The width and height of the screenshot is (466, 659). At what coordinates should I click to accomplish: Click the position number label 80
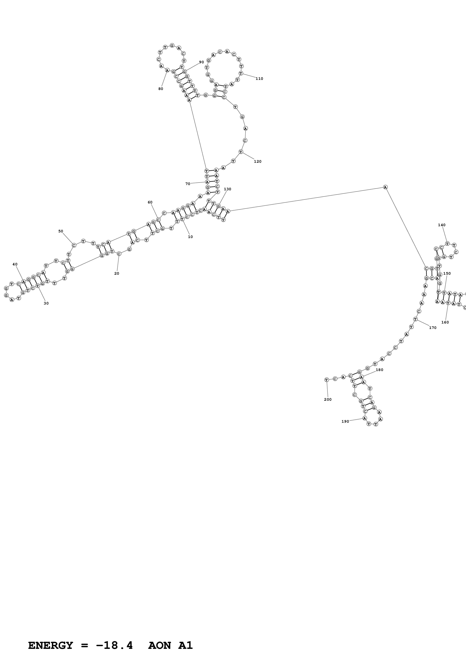(161, 89)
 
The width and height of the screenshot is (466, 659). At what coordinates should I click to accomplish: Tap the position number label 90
(202, 62)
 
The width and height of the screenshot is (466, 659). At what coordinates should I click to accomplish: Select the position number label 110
(259, 79)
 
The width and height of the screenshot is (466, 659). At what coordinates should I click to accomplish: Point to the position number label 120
(258, 162)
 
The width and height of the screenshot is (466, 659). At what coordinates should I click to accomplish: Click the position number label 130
(227, 189)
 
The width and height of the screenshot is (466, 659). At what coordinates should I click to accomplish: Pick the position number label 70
(188, 184)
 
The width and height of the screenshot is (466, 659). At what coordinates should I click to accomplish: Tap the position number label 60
(150, 202)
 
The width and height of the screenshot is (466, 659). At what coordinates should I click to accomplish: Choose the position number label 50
(61, 231)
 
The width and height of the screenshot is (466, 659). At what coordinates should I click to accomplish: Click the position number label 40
(15, 264)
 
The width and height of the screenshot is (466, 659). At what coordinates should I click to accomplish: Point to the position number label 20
(117, 274)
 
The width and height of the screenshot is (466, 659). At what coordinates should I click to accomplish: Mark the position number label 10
(190, 237)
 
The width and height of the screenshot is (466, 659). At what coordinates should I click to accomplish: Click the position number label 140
(442, 225)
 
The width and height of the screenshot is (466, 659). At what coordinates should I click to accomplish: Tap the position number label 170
(433, 328)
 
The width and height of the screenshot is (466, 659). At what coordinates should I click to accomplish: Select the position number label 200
(328, 400)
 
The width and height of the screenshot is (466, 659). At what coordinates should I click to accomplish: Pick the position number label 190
(345, 421)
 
